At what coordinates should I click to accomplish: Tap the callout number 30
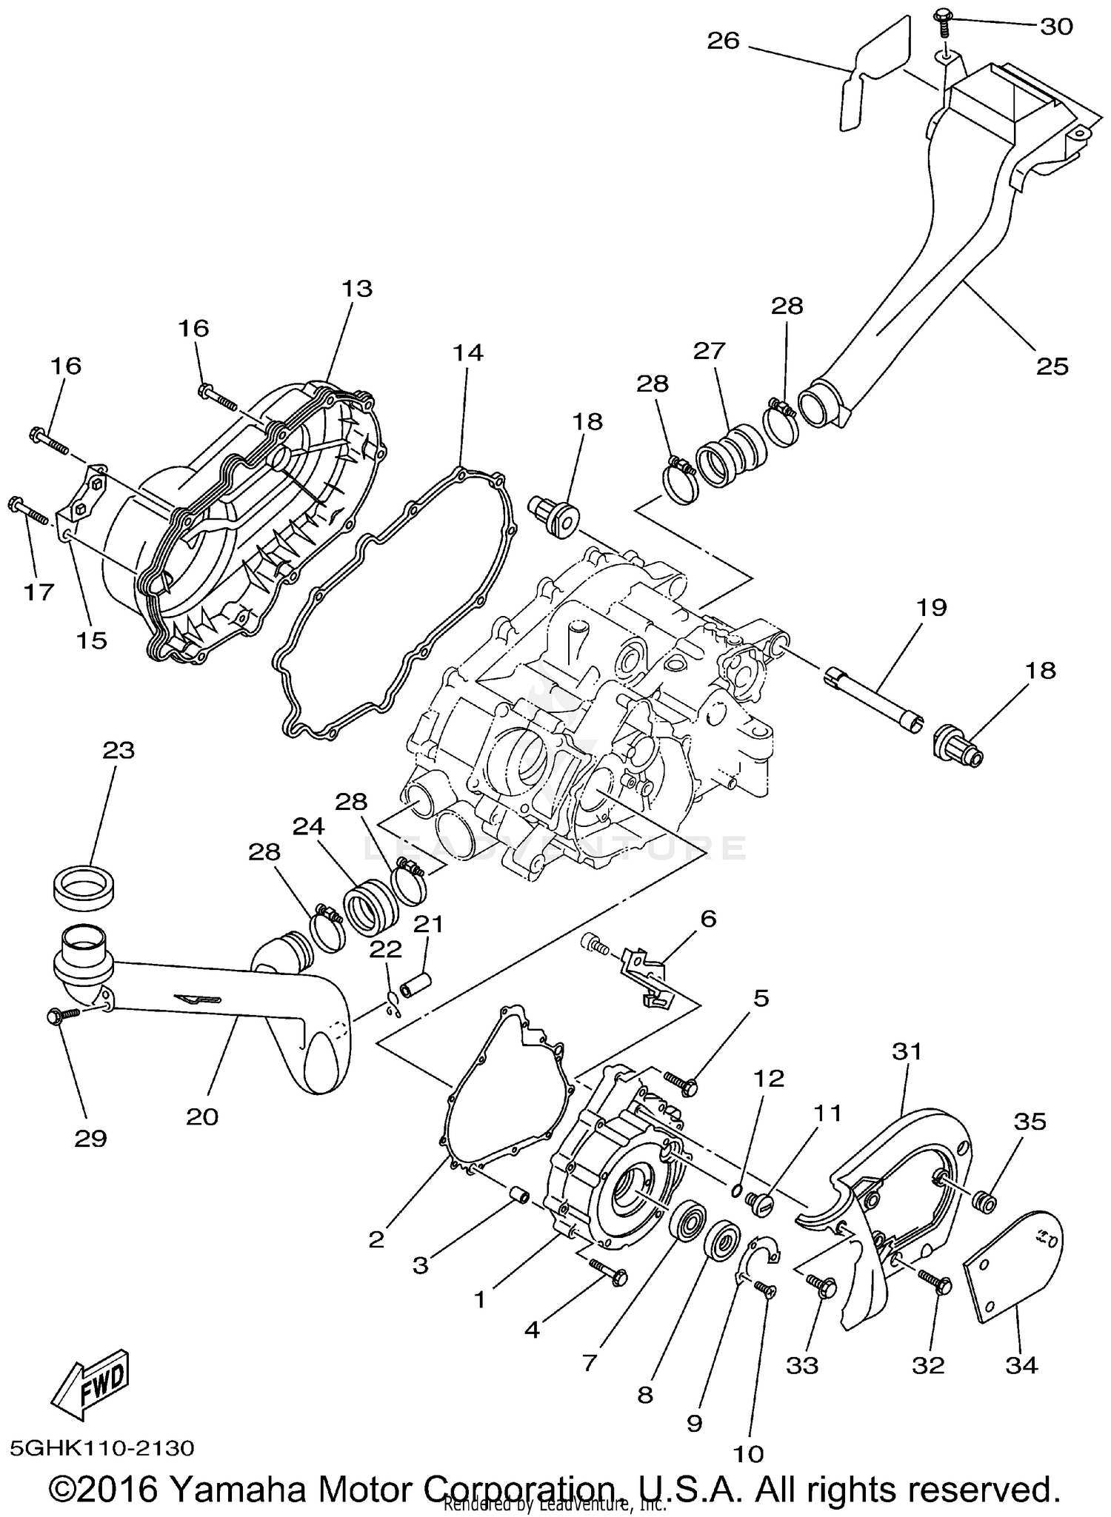pyautogui.click(x=1056, y=27)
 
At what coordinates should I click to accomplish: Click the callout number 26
pyautogui.click(x=723, y=40)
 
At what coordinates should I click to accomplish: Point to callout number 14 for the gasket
pyautogui.click(x=469, y=353)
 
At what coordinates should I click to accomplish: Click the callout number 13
pyautogui.click(x=357, y=289)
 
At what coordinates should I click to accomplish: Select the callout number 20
pyautogui.click(x=201, y=1116)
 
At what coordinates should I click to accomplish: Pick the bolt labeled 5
pyautogui.click(x=681, y=1085)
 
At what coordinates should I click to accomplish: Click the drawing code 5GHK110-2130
pyautogui.click(x=102, y=1447)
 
